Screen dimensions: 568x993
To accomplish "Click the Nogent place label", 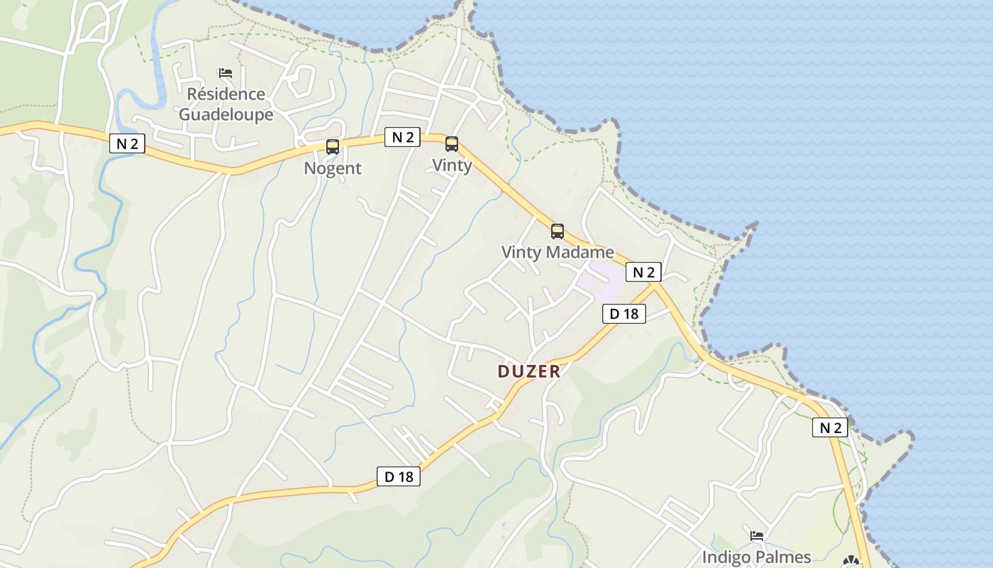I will [333, 168].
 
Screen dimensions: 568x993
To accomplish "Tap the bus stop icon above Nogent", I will [333, 147].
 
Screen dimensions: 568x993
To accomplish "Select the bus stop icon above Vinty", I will [452, 144].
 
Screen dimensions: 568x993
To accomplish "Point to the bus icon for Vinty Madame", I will [557, 231].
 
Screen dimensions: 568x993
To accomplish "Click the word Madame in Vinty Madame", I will [579, 252].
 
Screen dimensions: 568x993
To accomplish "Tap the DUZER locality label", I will [529, 371].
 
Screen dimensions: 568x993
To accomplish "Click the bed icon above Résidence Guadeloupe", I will [226, 72].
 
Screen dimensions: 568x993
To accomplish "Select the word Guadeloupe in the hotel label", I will [226, 114].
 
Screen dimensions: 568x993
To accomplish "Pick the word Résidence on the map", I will [226, 94].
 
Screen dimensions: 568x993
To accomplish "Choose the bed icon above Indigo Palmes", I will [757, 535].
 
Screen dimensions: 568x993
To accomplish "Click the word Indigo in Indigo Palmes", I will [726, 557].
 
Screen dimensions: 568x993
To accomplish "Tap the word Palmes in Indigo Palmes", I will [783, 557].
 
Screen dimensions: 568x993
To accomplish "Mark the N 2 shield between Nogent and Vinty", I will [402, 137].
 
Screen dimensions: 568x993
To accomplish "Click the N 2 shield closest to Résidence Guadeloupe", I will [128, 144].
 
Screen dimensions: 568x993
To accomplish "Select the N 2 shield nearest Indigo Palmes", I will [830, 427].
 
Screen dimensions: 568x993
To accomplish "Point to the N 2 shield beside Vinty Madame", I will [643, 272].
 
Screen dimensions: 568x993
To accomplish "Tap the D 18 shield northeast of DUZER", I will [624, 313].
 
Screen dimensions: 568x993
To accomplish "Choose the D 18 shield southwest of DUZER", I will [399, 476].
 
